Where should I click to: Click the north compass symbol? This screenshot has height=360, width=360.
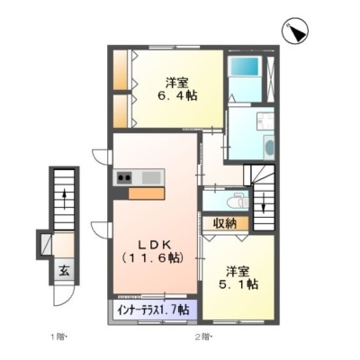point(295,31)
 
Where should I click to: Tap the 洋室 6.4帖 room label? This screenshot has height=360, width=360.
point(177,89)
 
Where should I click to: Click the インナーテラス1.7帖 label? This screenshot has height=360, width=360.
point(153,310)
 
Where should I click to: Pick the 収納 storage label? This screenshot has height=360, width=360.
point(225,223)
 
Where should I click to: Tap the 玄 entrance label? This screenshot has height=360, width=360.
point(64,271)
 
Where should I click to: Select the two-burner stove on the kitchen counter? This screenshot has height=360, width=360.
point(124,177)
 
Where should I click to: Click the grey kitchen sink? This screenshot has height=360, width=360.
point(152,177)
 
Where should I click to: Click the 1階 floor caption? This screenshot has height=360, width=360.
point(58,337)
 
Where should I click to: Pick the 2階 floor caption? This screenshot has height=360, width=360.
point(204,337)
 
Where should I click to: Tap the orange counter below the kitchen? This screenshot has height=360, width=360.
point(147,193)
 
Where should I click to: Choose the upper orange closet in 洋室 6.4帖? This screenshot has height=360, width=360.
point(121,69)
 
